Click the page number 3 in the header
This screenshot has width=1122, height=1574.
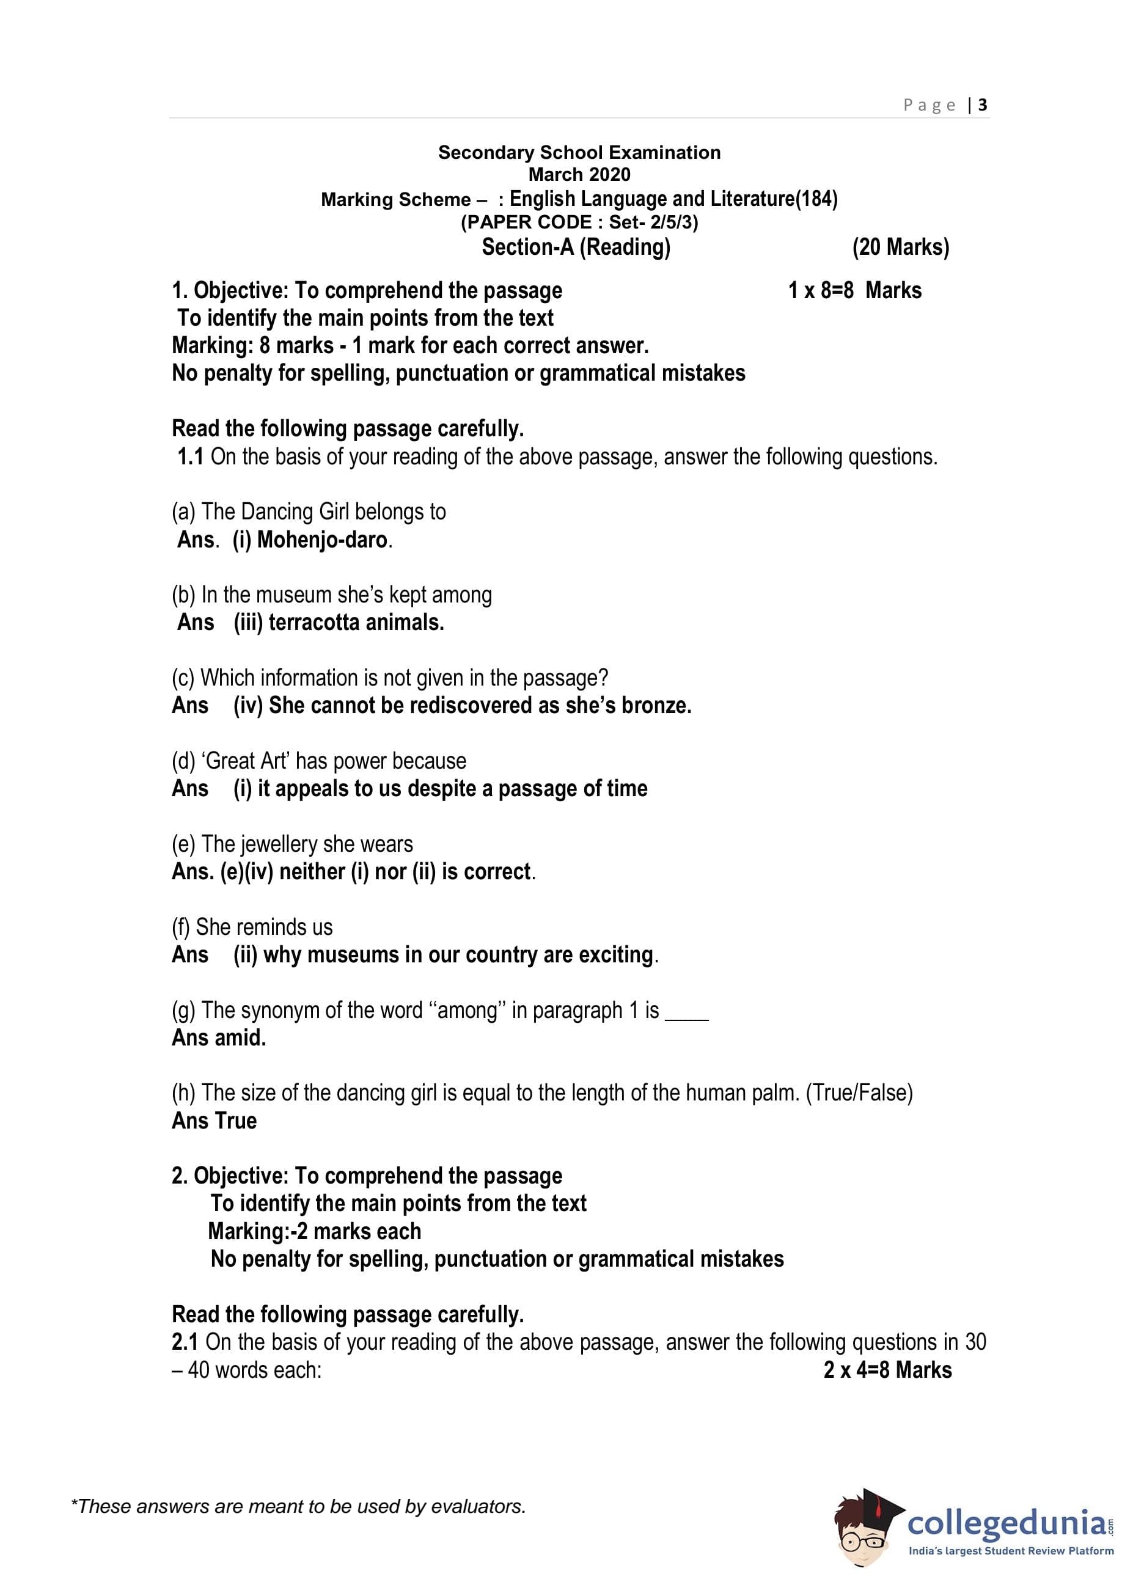tap(983, 105)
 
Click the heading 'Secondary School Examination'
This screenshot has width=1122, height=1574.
tap(579, 153)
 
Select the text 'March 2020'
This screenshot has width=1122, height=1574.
tap(579, 174)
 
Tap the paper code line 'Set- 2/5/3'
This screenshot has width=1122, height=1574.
tap(652, 222)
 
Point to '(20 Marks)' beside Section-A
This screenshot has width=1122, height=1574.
tap(900, 247)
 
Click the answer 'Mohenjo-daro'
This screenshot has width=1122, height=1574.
tap(322, 540)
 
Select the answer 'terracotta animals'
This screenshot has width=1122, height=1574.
tap(355, 622)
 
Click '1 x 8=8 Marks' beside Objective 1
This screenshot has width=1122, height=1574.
tap(854, 291)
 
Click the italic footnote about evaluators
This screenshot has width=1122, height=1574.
tap(298, 1506)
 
